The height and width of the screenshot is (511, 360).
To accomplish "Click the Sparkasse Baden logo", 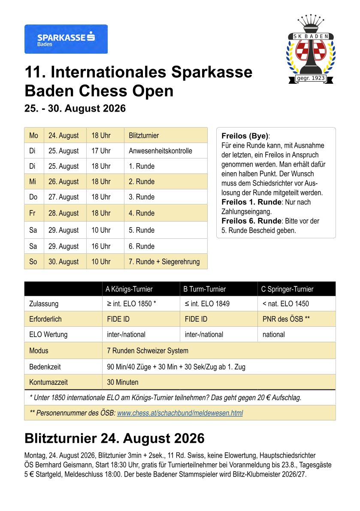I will [x=66, y=39].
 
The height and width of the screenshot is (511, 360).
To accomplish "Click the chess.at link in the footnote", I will [x=180, y=413].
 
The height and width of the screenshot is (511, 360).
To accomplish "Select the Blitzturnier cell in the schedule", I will [x=144, y=136].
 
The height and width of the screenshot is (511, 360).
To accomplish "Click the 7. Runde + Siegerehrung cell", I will [x=164, y=262].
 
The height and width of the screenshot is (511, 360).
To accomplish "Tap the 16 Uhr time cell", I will [x=101, y=246].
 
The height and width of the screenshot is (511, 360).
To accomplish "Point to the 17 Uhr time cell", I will [x=101, y=151].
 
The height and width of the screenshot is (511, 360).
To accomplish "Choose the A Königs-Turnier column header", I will [x=129, y=289].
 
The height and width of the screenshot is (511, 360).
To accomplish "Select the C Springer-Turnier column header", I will [x=287, y=289].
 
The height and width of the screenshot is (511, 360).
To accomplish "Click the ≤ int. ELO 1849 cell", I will [x=207, y=304].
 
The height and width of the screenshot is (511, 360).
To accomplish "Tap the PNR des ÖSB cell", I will [x=286, y=319].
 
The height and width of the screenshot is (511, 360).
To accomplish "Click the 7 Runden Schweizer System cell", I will [x=148, y=350].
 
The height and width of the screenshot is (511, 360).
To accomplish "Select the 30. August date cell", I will [x=64, y=262].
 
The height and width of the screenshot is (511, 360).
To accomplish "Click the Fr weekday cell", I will [x=33, y=213].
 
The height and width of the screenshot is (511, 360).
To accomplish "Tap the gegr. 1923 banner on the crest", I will [x=311, y=78].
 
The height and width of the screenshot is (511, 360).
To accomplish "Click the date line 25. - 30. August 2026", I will [x=75, y=109].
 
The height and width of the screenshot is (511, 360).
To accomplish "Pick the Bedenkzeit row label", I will [x=45, y=367].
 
